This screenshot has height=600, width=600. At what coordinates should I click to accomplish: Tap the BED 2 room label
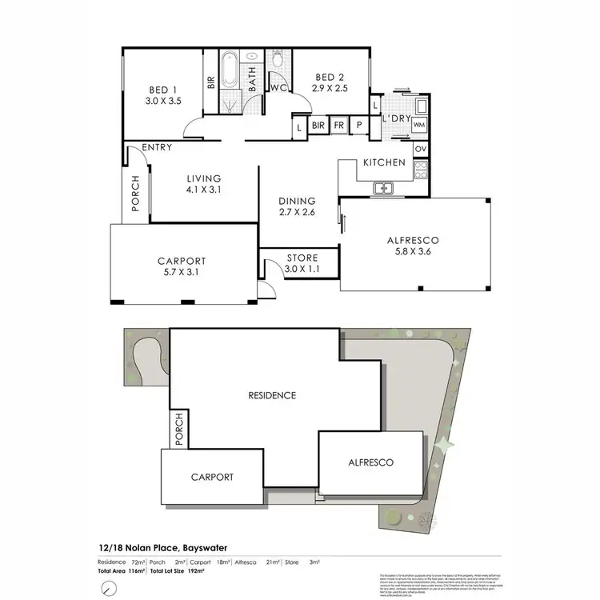pos(329,84)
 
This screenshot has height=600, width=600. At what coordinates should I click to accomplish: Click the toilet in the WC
pos(277,62)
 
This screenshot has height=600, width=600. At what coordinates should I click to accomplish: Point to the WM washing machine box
pos(418,125)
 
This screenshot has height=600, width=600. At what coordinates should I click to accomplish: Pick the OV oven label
pos(421,149)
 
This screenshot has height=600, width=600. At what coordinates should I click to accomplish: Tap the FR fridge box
pos(338,126)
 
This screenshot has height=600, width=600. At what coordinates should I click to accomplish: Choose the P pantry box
pos(359,126)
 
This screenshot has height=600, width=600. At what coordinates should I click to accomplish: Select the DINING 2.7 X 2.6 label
pos(297,206)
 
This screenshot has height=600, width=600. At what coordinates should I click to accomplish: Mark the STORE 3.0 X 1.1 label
pos(302,263)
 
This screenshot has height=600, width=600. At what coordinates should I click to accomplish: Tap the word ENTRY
pos(157,148)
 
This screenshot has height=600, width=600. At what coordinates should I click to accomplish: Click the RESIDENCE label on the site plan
pos(272,395)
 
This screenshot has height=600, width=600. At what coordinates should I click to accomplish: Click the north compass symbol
pos(108,588)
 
